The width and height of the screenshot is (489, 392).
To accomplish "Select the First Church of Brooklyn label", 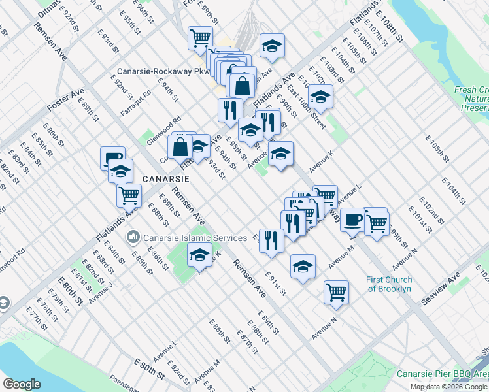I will (x=389, y=284).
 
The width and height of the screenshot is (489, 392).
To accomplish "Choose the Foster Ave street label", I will (x=65, y=101).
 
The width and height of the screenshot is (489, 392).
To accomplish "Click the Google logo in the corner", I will (x=22, y=384).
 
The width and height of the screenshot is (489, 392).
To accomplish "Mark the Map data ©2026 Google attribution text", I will (x=448, y=387).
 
